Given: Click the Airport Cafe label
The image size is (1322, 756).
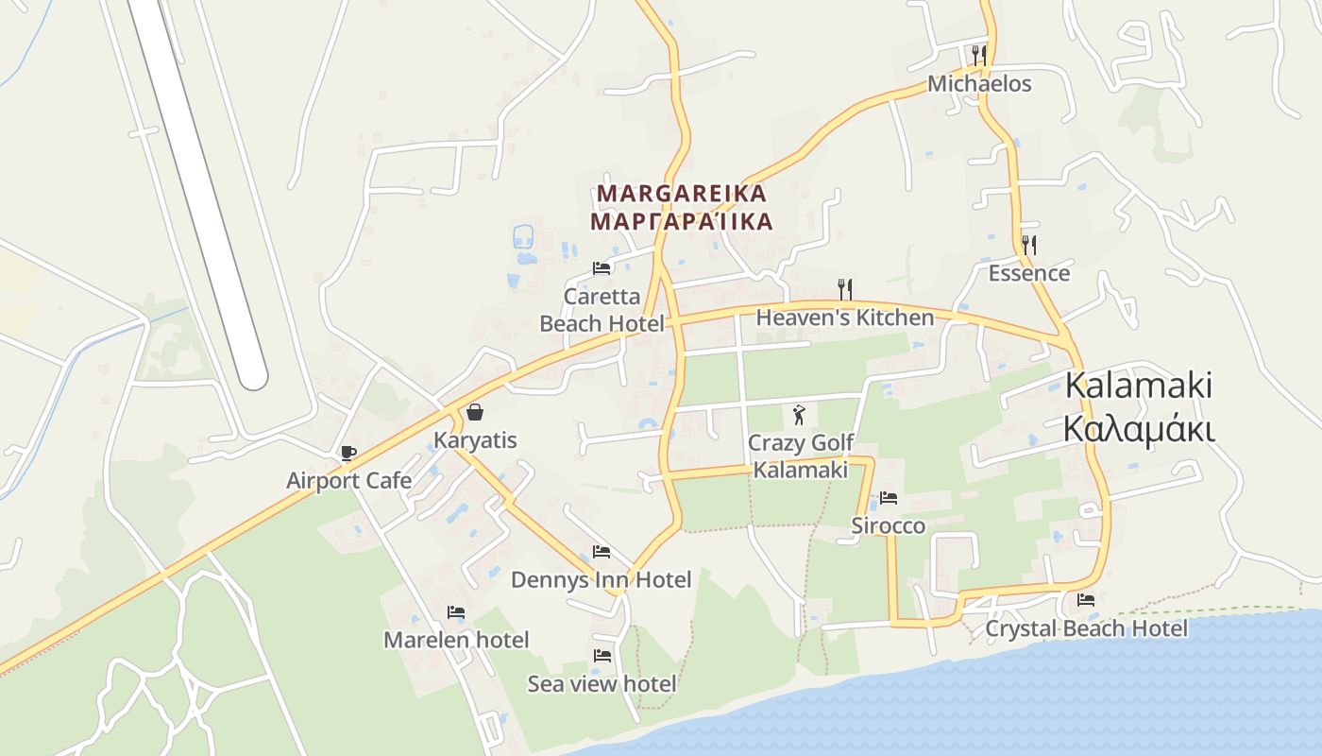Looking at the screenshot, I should point(348,480).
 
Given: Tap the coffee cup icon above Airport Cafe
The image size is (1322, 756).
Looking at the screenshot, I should point(347,453).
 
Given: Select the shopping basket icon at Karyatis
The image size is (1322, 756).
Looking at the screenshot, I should point(475,412).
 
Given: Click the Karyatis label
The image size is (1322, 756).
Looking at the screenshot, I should point(475,440).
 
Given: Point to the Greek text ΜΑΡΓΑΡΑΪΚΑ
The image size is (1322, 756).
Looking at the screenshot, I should point(682,222).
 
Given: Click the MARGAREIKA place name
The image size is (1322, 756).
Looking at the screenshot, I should point(682,194).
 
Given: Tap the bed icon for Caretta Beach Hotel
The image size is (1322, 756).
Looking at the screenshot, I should point(602,268).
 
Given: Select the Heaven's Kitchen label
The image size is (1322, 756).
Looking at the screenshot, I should point(844,318).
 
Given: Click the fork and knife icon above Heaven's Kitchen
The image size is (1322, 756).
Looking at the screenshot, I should point(844,288).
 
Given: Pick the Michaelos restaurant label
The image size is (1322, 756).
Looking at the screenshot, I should point(979,84).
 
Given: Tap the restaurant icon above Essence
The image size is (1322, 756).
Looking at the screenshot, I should point(1028,245).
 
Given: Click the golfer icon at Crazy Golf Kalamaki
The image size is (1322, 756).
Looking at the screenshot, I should point(799,414).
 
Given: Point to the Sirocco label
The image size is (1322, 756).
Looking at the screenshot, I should point(888,525).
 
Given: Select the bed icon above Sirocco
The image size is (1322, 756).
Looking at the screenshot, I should point(888,498).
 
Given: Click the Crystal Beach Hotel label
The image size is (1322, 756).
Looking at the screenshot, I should point(1086,628).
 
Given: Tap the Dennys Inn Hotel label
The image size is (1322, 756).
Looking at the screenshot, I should point(601,579).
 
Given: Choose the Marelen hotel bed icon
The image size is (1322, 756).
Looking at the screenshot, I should point(456,612).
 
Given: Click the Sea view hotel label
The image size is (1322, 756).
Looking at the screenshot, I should point(602,683).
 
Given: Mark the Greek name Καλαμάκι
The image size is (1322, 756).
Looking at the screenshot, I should point(1138,428).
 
